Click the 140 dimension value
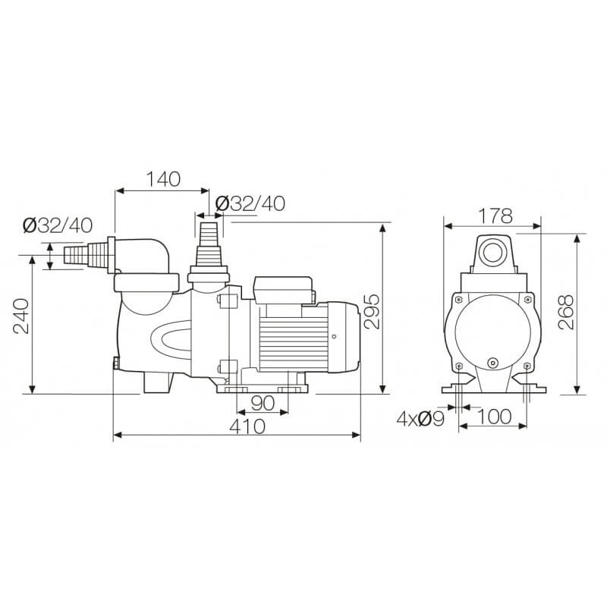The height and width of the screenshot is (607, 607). [x=163, y=179]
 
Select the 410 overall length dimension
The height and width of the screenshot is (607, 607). [x=247, y=426]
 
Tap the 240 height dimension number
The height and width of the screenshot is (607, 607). [x=21, y=316]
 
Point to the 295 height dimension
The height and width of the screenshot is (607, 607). [x=372, y=311]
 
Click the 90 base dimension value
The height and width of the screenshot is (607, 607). [x=263, y=403]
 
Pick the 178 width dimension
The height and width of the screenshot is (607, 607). [x=495, y=216]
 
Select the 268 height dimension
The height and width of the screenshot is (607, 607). [x=565, y=312]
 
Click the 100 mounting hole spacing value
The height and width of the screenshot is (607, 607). [x=495, y=417]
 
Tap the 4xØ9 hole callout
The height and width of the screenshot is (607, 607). [x=420, y=419]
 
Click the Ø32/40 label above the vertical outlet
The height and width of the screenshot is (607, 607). [x=250, y=203]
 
